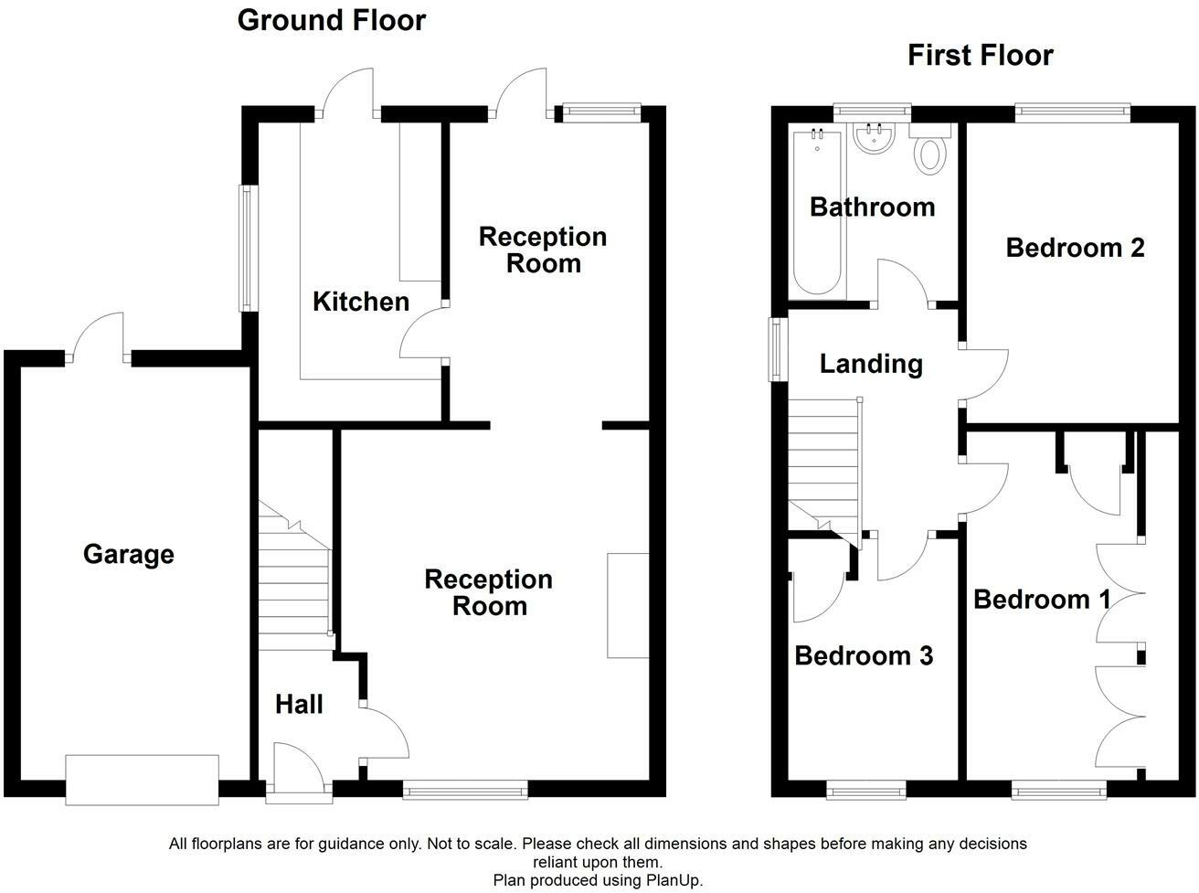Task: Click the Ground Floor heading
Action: (x=331, y=20)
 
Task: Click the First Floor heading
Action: (x=980, y=55)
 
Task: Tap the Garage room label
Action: (x=128, y=554)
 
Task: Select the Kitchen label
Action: (x=361, y=302)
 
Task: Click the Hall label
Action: (x=299, y=704)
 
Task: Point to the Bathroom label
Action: (x=872, y=207)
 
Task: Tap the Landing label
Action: (x=870, y=364)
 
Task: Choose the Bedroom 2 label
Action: (x=1075, y=248)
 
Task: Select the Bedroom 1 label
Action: (x=1042, y=600)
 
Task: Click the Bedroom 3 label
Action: (x=864, y=655)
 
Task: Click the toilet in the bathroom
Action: (x=930, y=151)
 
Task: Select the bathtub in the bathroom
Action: (x=816, y=212)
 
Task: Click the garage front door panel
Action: (x=142, y=780)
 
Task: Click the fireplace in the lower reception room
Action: (x=628, y=605)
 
